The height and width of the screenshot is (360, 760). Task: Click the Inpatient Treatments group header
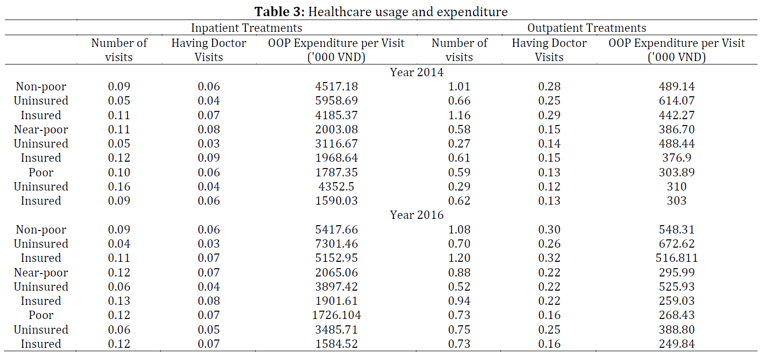(246, 27)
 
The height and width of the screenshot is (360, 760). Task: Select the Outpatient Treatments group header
(586, 27)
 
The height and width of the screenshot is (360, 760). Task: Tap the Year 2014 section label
(416, 72)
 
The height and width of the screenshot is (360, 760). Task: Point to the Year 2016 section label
(416, 215)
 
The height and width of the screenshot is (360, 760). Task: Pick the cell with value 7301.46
(336, 244)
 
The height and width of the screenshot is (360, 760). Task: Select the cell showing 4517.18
(336, 86)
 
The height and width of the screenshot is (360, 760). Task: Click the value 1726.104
(336, 315)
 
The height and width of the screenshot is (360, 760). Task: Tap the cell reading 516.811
(676, 258)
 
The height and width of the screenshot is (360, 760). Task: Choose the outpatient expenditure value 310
(676, 187)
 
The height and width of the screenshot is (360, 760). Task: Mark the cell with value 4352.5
(336, 187)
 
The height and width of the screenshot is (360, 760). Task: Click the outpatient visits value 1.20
(459, 258)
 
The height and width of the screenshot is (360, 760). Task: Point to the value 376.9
(676, 158)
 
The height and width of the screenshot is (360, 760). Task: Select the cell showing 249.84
(676, 344)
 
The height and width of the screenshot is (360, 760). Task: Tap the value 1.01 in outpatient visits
(459, 86)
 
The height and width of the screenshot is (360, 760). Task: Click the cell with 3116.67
(336, 144)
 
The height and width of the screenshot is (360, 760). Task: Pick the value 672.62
(676, 244)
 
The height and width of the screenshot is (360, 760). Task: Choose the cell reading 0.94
(459, 301)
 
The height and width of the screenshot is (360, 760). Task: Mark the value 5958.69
(336, 101)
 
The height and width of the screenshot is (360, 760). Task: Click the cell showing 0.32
(549, 258)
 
